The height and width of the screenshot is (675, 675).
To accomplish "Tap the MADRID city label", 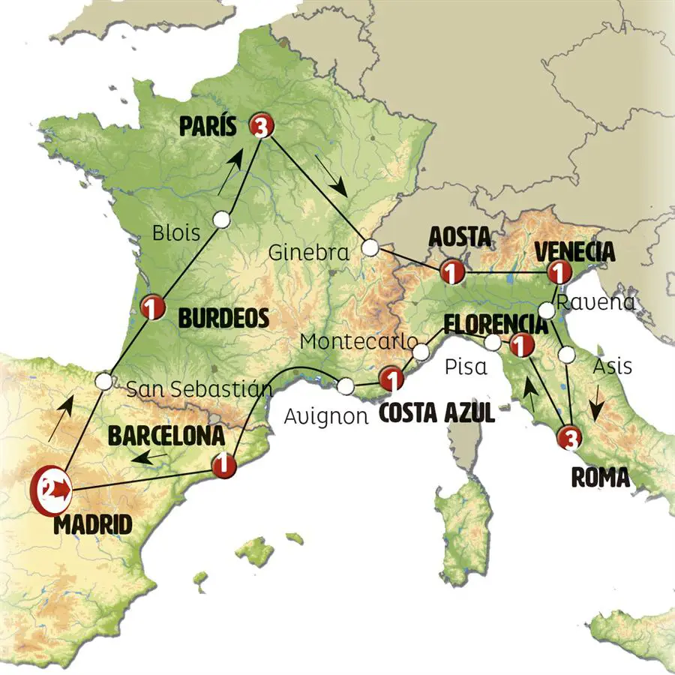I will (x=92, y=524).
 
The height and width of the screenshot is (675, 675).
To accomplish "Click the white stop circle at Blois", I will (x=221, y=219).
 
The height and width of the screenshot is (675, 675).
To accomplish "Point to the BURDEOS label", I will (x=223, y=319).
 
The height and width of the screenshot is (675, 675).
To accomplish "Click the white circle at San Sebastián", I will (x=105, y=381).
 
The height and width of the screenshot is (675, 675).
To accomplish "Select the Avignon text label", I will (x=325, y=415).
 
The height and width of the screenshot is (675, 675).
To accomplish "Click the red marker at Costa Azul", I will (x=391, y=379).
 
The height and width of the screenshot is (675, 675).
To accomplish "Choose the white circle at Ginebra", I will (x=370, y=247).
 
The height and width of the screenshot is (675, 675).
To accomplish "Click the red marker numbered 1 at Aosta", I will (x=451, y=271).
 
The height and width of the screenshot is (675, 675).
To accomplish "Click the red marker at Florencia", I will (x=519, y=346).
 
